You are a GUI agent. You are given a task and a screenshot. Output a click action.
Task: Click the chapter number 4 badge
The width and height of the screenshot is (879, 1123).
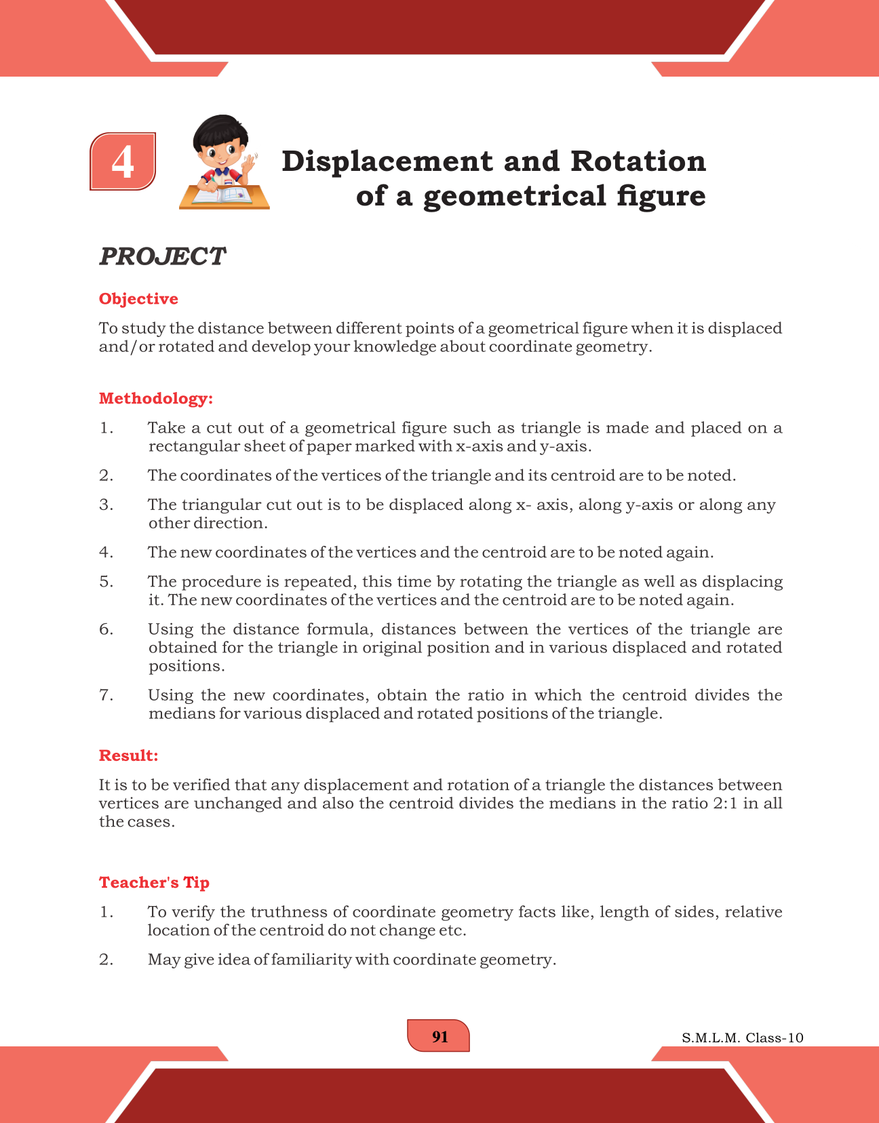[123, 161]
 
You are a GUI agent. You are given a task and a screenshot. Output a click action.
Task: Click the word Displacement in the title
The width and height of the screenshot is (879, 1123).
[387, 161]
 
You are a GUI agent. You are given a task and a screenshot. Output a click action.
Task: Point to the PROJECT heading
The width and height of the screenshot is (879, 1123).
[162, 256]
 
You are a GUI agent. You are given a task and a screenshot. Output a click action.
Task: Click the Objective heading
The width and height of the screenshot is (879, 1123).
[138, 299]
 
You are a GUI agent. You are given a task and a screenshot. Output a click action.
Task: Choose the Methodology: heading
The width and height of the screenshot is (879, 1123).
[156, 398]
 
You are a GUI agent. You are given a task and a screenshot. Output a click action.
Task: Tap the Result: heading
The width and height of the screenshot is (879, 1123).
[128, 755]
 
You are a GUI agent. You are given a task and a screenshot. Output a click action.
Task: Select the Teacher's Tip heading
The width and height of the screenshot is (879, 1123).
[154, 882]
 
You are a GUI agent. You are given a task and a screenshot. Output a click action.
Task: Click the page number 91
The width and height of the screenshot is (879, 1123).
[439, 1036]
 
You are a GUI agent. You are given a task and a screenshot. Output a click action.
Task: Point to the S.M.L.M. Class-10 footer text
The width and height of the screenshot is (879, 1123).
[742, 1038]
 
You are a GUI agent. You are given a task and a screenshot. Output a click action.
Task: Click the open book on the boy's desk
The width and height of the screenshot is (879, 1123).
[223, 196]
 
